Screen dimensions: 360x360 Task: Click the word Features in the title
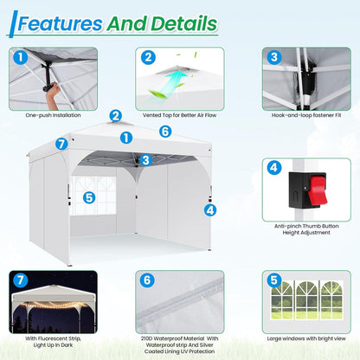[x=61, y=23]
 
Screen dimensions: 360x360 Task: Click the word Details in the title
[x=184, y=23]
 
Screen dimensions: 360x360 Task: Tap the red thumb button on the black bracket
[x=317, y=190]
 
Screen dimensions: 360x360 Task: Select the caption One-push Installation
[x=53, y=115]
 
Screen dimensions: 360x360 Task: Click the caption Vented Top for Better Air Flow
[x=179, y=115]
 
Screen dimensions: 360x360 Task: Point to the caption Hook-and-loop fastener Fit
[x=306, y=115]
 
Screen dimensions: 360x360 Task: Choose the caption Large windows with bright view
[x=306, y=338]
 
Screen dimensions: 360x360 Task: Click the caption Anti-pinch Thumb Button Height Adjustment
[x=306, y=229]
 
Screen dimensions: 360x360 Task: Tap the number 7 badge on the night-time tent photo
[x=21, y=280]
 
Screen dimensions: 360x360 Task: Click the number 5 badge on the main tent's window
[x=89, y=198]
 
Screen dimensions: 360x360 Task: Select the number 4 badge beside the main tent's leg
[x=210, y=210]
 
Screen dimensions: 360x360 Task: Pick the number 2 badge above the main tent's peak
[x=116, y=116]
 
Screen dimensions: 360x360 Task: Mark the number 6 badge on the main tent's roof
[x=165, y=132]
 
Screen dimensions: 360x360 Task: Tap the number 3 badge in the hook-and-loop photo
[x=274, y=57]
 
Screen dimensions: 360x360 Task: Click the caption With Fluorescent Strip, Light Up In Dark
[x=53, y=342]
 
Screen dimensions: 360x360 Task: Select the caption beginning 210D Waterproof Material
[x=179, y=344]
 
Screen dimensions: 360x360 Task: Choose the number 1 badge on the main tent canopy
[x=126, y=138]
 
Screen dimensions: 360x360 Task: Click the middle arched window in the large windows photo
[x=306, y=300]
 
